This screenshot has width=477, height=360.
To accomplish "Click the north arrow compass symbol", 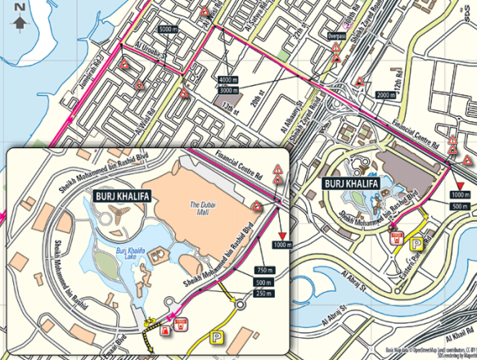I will tap(19, 15).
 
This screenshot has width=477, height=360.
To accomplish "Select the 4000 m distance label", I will tap(228, 79).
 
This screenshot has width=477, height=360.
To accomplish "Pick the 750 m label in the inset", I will tap(263, 270).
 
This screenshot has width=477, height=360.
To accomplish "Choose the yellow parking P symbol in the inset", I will tap(218, 336).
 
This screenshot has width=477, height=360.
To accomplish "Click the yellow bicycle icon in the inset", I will tap(150, 323).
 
